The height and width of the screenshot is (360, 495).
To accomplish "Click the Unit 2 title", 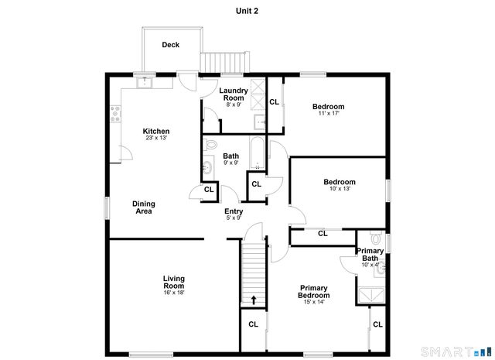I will point(247,11).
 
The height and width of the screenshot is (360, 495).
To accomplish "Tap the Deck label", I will point(170,45).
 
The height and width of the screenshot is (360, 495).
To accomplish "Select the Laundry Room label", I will point(234,94).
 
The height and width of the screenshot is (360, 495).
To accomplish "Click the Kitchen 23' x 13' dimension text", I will point(156,139).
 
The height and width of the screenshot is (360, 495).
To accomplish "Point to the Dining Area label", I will point(144,207).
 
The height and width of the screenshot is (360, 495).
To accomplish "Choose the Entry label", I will point(234,212).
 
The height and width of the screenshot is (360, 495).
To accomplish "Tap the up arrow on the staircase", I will point(253,299).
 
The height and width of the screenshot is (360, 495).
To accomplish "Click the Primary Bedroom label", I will point(314,291).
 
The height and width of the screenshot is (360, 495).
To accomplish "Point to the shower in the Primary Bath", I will point(370,293).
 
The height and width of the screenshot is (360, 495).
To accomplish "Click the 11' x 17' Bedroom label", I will point(328,107).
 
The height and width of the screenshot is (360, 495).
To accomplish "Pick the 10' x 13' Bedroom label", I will point(339,183).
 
